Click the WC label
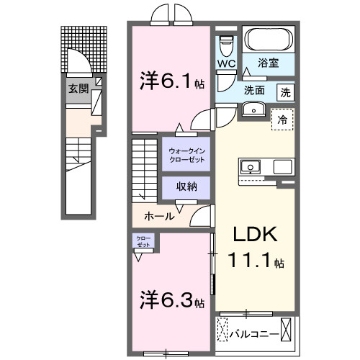pyautogui.click(x=225, y=63)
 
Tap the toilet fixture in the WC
pyautogui.click(x=227, y=45)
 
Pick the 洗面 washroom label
pyautogui.click(x=253, y=91)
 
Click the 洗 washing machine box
pyautogui.click(x=286, y=91)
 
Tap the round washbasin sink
pyautogui.click(x=253, y=108)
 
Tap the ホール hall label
pyautogui.click(x=158, y=215)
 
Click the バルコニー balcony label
pyautogui.click(x=254, y=333)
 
